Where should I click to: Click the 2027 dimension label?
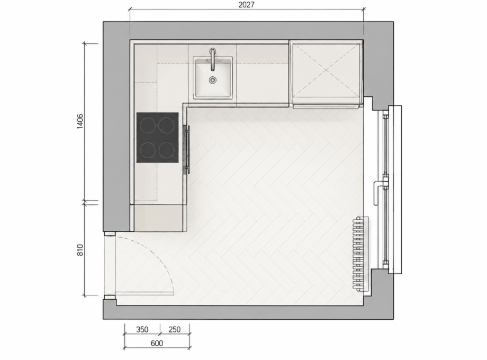coord(246,5)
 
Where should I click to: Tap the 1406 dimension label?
coord(80,121)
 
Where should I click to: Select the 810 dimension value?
coord(80,250)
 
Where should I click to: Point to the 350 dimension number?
coord(142,329)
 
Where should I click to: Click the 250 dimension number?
coord(174,329)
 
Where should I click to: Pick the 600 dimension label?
coord(157,343)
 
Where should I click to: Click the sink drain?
coord(212,80)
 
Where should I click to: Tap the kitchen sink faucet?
coord(212,59)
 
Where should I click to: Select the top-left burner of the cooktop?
coord(148,125)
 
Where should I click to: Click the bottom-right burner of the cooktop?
coord(167,150)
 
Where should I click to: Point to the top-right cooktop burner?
coord(167,125)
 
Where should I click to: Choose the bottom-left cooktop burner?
coord(148,150)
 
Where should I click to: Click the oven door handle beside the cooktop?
coord(187,149)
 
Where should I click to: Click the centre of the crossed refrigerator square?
coord(326,70)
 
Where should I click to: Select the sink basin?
coord(213,78)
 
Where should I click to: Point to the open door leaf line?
coord(145,293)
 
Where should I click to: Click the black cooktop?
coord(157,138)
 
